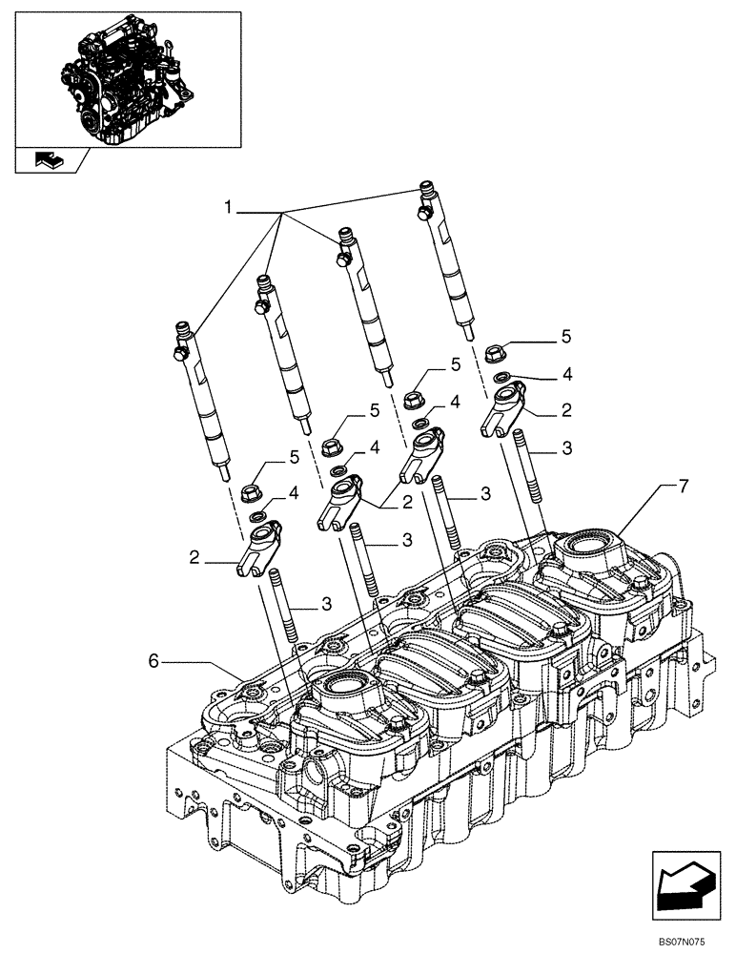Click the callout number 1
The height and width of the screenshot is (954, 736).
tap(228, 207)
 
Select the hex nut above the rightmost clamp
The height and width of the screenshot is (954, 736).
tap(496, 354)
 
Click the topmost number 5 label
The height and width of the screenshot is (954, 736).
tap(565, 336)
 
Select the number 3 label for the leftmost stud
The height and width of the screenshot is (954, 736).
tap(326, 604)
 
